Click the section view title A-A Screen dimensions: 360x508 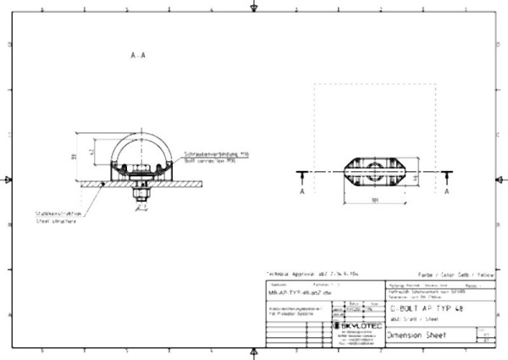point(138,54)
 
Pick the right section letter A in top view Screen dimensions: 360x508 point(447,192)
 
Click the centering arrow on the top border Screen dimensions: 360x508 point(254,7)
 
